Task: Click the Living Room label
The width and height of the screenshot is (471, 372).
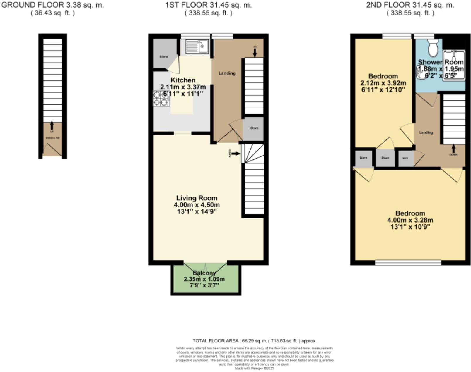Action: click(x=197, y=198)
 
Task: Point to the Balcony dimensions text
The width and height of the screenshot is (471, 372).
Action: click(x=204, y=279)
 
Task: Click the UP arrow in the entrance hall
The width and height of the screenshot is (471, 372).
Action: click(x=52, y=125)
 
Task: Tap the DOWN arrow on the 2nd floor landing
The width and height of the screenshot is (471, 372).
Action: click(x=453, y=149)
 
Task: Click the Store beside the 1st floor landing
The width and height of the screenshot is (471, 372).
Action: click(x=254, y=128)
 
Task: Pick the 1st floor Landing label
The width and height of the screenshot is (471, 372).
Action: click(x=227, y=73)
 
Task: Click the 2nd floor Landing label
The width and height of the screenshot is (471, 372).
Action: click(x=426, y=132)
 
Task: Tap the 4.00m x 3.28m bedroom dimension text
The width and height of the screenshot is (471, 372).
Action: click(x=410, y=220)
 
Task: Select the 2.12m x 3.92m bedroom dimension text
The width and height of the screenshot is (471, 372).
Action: click(x=383, y=83)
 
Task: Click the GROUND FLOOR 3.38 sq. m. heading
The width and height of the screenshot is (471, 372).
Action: click(x=53, y=5)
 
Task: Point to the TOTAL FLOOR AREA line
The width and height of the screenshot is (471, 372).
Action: click(x=255, y=341)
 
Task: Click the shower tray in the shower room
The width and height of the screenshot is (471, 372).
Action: click(x=454, y=65)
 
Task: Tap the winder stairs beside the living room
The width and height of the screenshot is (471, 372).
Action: click(x=252, y=153)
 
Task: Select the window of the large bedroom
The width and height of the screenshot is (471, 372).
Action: click(x=408, y=263)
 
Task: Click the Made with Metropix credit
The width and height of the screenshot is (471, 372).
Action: click(x=255, y=368)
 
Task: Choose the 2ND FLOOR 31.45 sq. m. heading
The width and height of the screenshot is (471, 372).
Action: click(x=410, y=5)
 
